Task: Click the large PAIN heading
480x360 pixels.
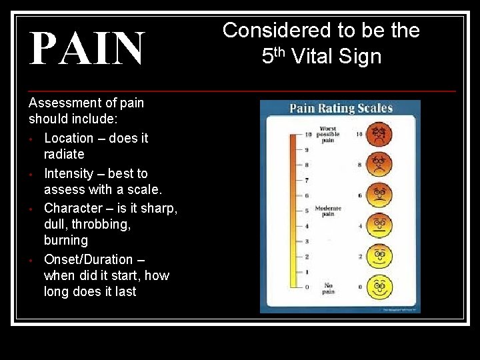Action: pyautogui.click(x=87, y=49)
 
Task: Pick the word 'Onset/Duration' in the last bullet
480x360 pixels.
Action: pyautogui.click(x=88, y=259)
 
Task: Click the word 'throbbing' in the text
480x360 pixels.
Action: pyautogui.click(x=103, y=224)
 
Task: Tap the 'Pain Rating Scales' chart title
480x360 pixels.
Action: pyautogui.click(x=341, y=108)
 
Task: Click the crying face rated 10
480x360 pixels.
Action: pyautogui.click(x=379, y=134)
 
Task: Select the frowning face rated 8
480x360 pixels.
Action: pyautogui.click(x=379, y=164)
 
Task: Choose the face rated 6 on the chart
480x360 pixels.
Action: pyautogui.click(x=379, y=195)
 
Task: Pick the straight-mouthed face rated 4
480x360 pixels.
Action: pyautogui.click(x=379, y=226)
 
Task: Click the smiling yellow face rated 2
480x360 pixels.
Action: pyautogui.click(x=379, y=256)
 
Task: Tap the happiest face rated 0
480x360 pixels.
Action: pyautogui.click(x=379, y=287)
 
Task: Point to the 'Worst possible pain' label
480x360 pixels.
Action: pyautogui.click(x=327, y=134)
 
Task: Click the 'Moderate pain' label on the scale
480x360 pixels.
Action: pyautogui.click(x=328, y=211)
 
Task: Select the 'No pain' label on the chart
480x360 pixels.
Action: pyautogui.click(x=328, y=288)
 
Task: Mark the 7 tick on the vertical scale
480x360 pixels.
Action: pyautogui.click(x=307, y=180)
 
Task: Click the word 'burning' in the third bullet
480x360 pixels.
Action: pyautogui.click(x=65, y=240)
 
